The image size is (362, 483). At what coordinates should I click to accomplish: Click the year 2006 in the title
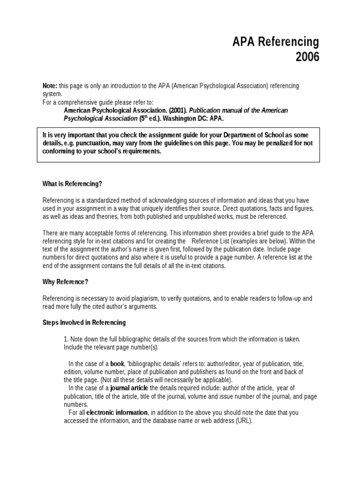click(307, 57)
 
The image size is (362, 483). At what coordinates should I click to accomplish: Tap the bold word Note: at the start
click(49, 86)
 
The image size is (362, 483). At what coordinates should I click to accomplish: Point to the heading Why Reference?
click(66, 282)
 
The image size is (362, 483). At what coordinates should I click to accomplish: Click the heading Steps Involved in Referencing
click(84, 323)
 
